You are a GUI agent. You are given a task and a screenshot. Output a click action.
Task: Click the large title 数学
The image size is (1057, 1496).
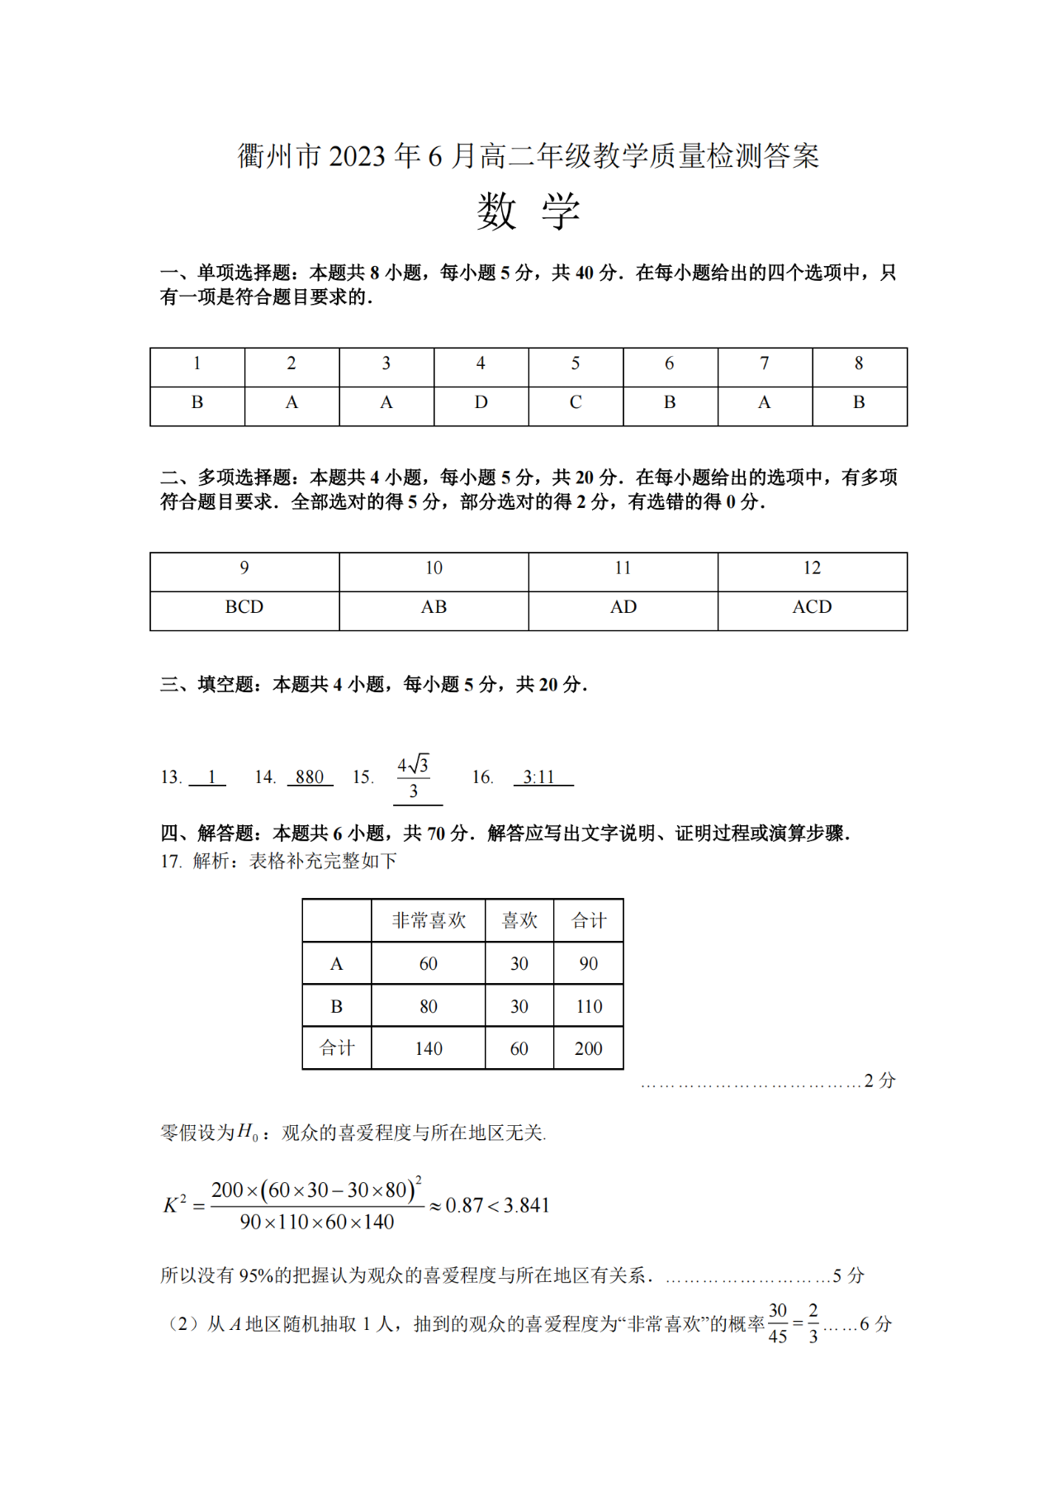click(x=528, y=211)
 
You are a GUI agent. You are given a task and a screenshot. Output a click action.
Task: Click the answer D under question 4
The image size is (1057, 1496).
click(x=481, y=403)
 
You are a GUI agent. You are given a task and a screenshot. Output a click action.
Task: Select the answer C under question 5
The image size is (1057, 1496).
click(x=576, y=403)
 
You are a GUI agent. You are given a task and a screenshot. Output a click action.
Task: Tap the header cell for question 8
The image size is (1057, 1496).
click(x=859, y=363)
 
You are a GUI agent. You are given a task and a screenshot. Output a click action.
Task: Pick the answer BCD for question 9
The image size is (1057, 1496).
click(x=244, y=607)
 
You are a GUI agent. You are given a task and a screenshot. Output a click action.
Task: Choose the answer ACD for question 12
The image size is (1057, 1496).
click(x=812, y=607)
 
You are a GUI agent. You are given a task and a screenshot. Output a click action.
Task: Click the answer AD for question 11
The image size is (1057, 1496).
click(x=623, y=607)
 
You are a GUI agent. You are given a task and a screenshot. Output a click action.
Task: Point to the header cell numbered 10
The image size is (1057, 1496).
click(x=434, y=568)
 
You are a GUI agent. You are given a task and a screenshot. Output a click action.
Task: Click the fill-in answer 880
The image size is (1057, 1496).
click(x=310, y=777)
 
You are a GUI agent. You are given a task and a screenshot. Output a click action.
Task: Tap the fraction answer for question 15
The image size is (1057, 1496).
click(x=414, y=777)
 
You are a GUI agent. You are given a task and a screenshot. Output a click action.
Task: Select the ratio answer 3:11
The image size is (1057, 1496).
click(x=539, y=777)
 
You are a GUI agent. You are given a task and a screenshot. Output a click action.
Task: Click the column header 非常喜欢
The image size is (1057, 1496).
click(x=429, y=920)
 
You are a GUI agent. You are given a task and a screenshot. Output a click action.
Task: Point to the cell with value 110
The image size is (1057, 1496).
click(x=589, y=1006)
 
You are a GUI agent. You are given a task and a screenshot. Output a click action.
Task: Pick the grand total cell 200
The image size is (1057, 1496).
click(x=589, y=1049)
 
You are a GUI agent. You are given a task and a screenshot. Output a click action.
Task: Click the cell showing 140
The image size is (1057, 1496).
click(x=429, y=1049)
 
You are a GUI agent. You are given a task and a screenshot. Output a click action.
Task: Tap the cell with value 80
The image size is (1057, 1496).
click(x=429, y=1006)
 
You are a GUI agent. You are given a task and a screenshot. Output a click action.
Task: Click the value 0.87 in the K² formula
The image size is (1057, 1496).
click(x=464, y=1206)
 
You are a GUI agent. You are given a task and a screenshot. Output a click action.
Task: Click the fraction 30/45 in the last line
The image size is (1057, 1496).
click(x=778, y=1323)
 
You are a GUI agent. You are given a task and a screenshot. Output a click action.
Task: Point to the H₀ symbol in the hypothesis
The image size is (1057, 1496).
click(x=248, y=1133)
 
